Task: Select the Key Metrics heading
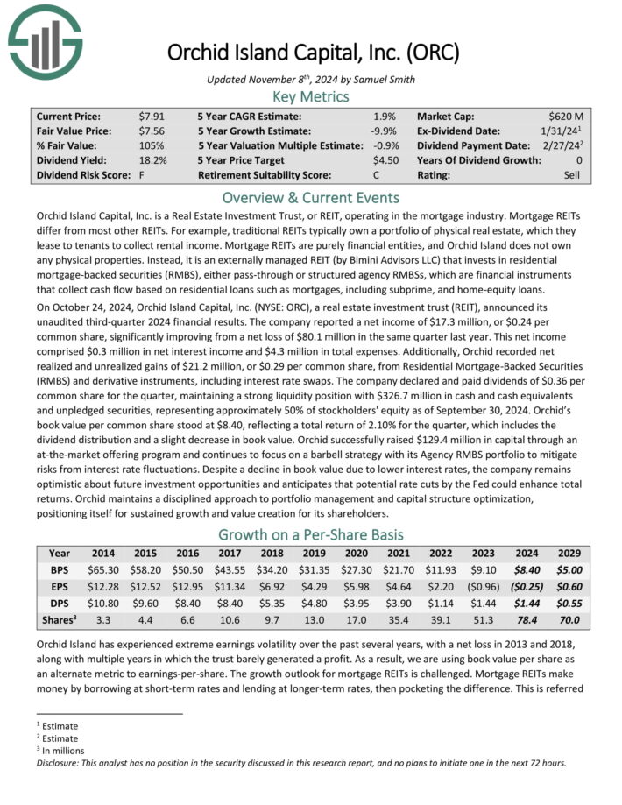point(310,96)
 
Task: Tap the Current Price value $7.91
point(150,116)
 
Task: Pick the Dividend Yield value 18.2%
point(153,160)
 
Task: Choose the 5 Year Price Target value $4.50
point(385,160)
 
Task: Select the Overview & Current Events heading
point(310,197)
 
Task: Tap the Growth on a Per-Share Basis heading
point(310,535)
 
